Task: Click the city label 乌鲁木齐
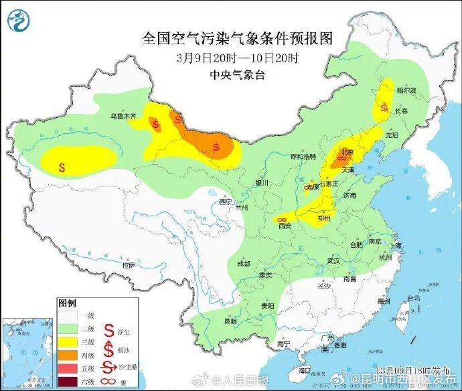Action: pos(123,116)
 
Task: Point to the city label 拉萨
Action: pos(128,265)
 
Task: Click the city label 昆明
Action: pos(230,321)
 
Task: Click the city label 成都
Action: pos(243,264)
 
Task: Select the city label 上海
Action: pos(398,246)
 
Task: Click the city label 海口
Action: pos(305,370)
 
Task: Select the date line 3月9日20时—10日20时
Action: pos(237,58)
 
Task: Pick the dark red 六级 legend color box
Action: pos(67,382)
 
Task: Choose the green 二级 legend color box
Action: pos(67,328)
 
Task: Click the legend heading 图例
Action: pos(66,303)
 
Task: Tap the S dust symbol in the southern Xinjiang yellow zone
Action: pos(62,167)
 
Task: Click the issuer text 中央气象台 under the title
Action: pos(237,74)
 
